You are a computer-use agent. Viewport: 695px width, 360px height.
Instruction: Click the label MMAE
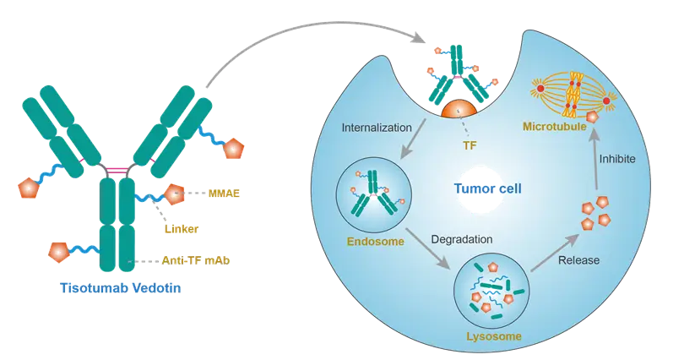pos(224,194)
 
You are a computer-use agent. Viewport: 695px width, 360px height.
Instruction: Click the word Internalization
pos(377,128)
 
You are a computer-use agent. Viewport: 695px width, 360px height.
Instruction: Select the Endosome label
pos(375,243)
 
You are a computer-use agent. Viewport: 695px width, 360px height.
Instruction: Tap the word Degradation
pos(461,239)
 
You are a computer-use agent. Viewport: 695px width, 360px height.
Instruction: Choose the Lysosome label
pos(493,336)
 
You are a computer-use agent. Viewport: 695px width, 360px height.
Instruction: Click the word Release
pos(578,259)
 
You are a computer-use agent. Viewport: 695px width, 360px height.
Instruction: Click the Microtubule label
pos(554,127)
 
